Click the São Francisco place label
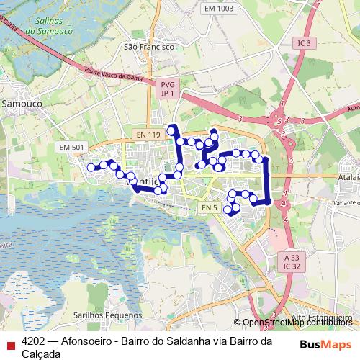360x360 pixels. [x=149, y=46]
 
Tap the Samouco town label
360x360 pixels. [x=22, y=103]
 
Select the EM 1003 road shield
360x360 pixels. [x=219, y=9]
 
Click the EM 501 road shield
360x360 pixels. [x=71, y=148]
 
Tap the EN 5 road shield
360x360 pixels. [x=209, y=208]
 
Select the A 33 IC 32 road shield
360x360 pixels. [x=292, y=261]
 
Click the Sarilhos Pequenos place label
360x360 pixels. [x=109, y=315]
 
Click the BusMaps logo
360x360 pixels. [x=326, y=344]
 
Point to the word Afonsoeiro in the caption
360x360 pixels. [x=86, y=341]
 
